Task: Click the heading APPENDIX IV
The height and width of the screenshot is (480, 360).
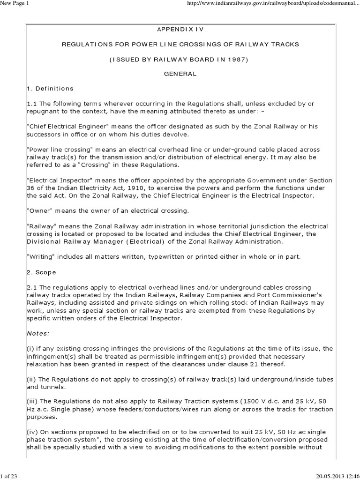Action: tap(180, 29)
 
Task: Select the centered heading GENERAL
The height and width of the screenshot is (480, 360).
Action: tap(180, 74)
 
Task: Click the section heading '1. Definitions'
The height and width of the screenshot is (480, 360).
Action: tap(50, 89)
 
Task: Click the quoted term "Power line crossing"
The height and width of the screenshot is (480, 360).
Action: tap(59, 150)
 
